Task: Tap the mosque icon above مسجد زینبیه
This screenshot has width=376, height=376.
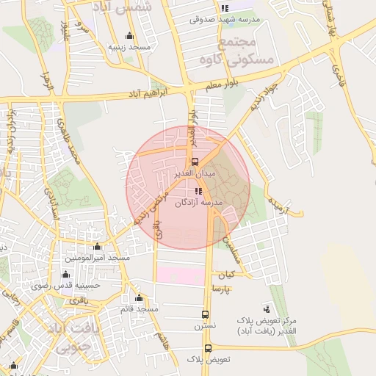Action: pyautogui.click(x=130, y=36)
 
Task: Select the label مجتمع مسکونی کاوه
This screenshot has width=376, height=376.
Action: pyautogui.click(x=250, y=51)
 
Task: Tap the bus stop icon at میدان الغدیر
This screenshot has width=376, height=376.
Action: pyautogui.click(x=195, y=162)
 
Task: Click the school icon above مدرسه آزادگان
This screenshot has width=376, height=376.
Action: pyautogui.click(x=198, y=191)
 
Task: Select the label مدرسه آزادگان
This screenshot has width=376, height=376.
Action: pyautogui.click(x=199, y=202)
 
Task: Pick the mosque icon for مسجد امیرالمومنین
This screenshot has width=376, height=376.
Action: pyautogui.click(x=97, y=247)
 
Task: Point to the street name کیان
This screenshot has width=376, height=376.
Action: pyautogui.click(x=225, y=276)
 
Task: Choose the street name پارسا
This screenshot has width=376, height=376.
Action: pyautogui.click(x=221, y=289)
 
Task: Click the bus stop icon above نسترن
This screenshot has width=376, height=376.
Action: pyautogui.click(x=205, y=314)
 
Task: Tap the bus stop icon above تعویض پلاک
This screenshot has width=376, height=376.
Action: pyautogui.click(x=208, y=348)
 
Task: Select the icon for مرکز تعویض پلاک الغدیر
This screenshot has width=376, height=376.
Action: pyautogui.click(x=266, y=309)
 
